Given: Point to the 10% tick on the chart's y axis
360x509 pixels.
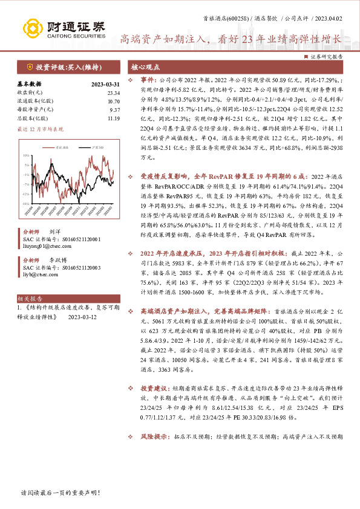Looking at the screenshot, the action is point(26,155).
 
